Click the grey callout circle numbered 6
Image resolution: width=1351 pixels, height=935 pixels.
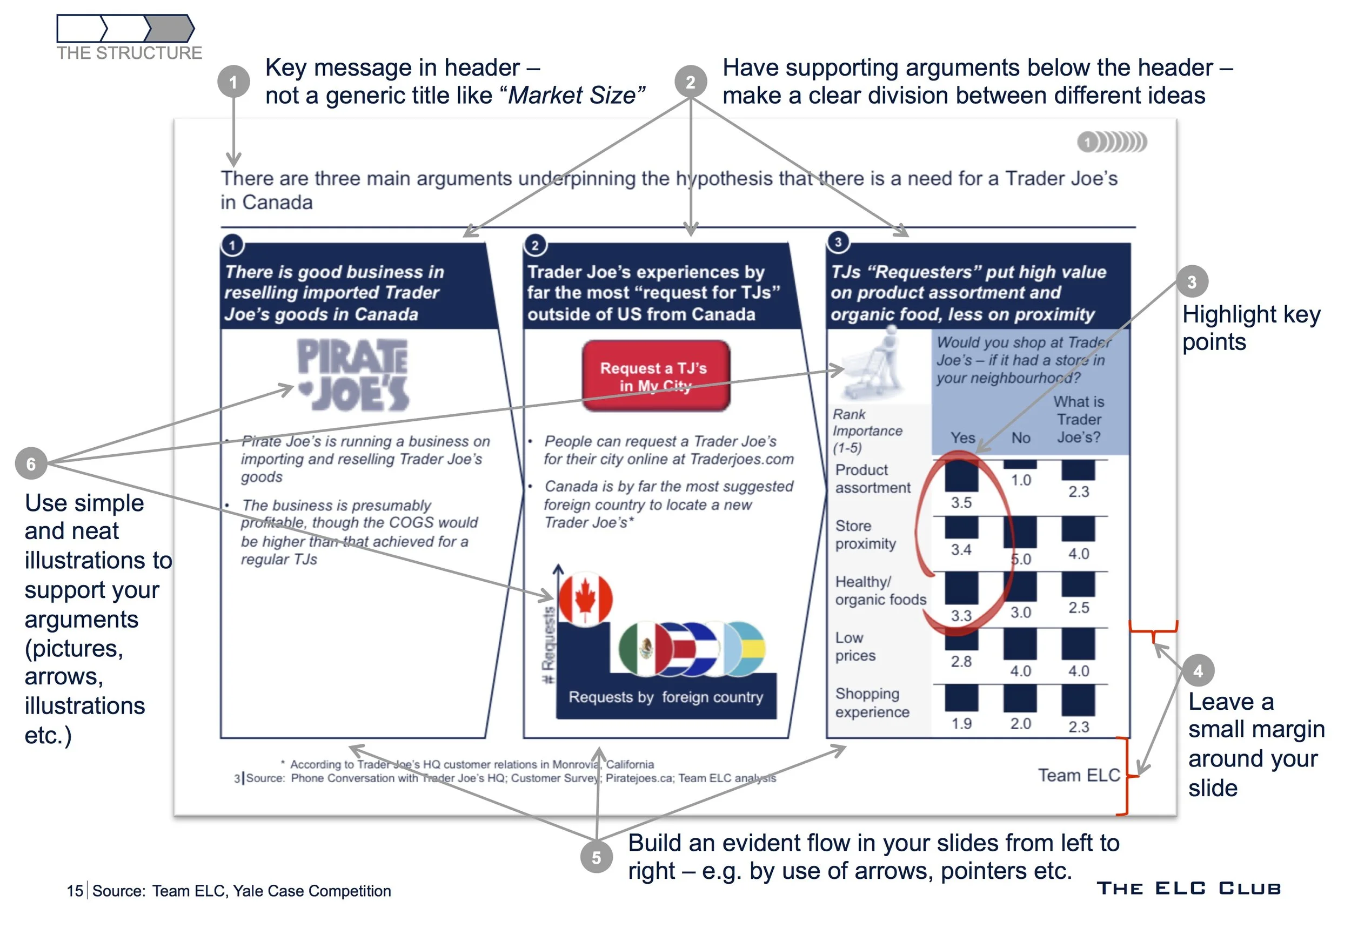tap(31, 464)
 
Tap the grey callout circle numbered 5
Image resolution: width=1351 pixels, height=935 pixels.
tap(596, 857)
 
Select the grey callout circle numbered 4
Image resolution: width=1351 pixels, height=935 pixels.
tap(1198, 670)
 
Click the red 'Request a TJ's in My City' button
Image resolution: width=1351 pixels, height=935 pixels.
tap(656, 376)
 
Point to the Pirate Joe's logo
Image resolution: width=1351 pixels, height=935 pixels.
tap(353, 375)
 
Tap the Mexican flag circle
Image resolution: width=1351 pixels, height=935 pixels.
tap(645, 648)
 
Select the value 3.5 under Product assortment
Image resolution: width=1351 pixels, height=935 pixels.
tap(961, 502)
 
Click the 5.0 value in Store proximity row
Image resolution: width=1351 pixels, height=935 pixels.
tap(1021, 559)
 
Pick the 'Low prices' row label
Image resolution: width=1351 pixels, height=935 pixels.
tap(855, 646)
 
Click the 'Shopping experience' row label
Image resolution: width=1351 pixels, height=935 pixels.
tap(872, 702)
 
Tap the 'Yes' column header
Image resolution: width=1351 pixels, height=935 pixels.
tap(963, 438)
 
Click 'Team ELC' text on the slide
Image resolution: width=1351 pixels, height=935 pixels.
tap(1079, 775)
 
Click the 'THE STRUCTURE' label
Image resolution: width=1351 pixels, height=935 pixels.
tap(130, 53)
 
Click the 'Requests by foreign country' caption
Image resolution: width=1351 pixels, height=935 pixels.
tap(666, 697)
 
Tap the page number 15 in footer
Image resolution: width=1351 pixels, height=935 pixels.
tap(75, 891)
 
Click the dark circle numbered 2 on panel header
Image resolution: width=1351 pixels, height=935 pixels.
tap(534, 245)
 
